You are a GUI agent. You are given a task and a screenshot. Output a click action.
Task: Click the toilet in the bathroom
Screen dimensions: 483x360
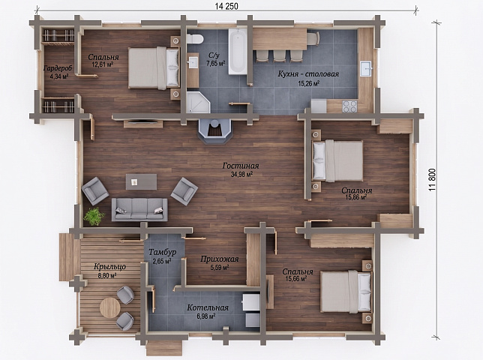(x=195, y=39)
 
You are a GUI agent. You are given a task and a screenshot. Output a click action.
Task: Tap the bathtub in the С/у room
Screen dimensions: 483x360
(x=238, y=51)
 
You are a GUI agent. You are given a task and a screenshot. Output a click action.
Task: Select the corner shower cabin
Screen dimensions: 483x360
(x=198, y=102)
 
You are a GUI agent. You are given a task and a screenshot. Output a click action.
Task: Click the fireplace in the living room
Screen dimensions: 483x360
(x=215, y=130)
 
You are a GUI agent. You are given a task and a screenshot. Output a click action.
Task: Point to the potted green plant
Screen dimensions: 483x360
(x=94, y=216)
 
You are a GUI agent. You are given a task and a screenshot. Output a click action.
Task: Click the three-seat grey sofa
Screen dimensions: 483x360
(x=139, y=209)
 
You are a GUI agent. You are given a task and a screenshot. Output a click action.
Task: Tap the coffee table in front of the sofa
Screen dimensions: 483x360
(x=141, y=182)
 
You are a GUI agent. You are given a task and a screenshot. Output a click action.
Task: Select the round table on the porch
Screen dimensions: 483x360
(x=110, y=307)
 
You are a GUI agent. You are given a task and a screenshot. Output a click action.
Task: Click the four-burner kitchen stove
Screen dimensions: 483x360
(x=349, y=106)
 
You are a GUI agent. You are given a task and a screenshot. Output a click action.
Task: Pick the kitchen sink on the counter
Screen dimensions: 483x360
(x=366, y=68)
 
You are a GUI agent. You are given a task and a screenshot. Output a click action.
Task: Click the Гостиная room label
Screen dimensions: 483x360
(x=241, y=166)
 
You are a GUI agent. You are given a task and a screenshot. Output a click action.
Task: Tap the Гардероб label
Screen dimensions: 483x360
(x=58, y=68)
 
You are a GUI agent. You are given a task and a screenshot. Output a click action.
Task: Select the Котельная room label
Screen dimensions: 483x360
(x=208, y=307)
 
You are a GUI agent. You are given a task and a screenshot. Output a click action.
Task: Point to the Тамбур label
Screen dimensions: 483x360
(x=163, y=253)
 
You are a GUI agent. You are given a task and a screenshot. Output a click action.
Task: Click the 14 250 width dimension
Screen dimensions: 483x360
(x=226, y=6)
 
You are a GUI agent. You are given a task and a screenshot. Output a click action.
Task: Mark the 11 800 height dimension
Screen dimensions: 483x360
(x=433, y=180)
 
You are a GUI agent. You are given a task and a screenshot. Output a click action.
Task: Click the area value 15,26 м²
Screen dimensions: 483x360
(x=309, y=82)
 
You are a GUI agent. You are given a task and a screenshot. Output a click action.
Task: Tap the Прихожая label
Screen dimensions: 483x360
(x=220, y=259)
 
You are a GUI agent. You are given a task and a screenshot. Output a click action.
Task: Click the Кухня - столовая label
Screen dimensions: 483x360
(x=308, y=74)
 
